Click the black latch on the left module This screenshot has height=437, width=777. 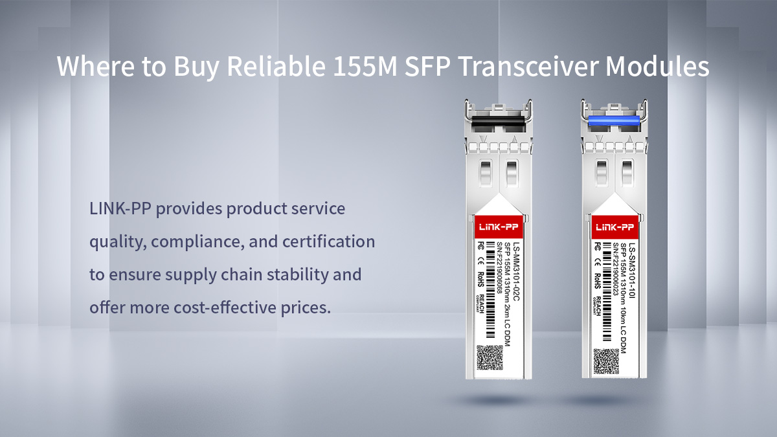point(499,120)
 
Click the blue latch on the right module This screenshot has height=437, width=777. point(614,120)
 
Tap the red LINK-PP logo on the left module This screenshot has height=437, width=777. point(499,227)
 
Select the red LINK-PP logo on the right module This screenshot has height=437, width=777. point(614,227)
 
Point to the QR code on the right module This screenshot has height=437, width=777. point(606,361)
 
